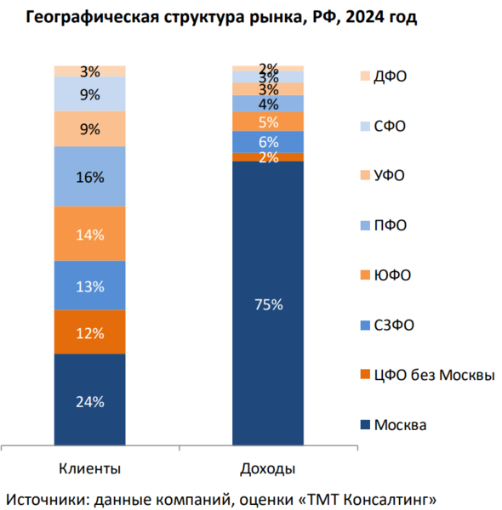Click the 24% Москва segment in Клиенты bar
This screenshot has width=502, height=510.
point(89,399)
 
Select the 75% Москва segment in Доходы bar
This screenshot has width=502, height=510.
point(268,303)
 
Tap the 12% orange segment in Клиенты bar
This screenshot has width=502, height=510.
point(89,332)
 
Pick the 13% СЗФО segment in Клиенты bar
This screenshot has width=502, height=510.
point(89,286)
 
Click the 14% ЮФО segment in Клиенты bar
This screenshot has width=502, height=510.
point(89,234)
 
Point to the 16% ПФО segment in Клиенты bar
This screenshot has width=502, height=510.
point(89,177)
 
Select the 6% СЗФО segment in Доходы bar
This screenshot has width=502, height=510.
point(268,142)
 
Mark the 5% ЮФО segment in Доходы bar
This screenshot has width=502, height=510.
point(268,122)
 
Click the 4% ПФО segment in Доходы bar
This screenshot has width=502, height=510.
point(268,104)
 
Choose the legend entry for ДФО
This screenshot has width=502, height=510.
point(390,76)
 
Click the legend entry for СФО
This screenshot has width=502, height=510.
point(390,126)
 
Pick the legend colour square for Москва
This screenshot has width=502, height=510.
point(367,425)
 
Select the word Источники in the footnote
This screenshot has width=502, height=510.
point(47,496)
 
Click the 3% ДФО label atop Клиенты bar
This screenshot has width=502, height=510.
point(89,71)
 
